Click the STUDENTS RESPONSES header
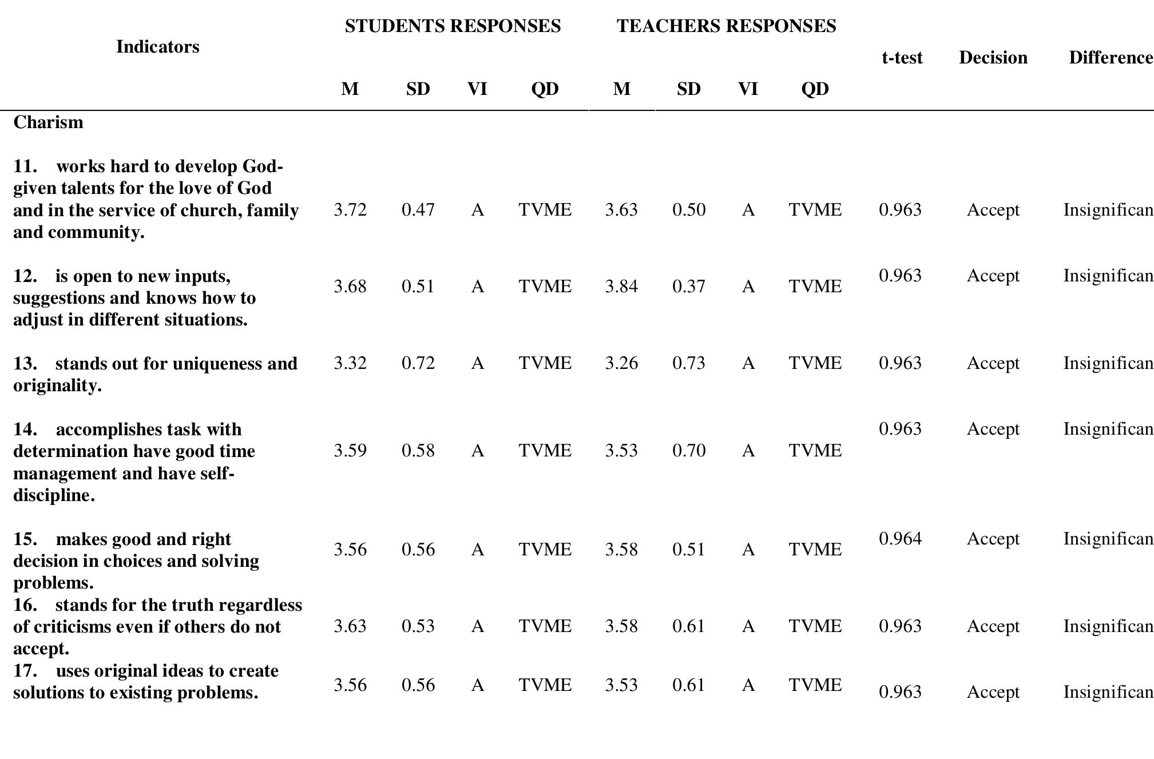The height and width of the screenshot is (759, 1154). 453,26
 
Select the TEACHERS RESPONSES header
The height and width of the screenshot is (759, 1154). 726,26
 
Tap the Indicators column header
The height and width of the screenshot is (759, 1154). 157,47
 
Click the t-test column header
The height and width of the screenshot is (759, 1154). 902,58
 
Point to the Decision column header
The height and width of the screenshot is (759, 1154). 993,58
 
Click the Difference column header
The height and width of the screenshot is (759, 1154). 1111,58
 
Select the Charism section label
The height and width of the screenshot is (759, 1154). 48,122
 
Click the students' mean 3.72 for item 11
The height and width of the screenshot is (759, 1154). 350,210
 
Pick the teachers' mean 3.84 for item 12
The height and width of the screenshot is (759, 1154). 621,286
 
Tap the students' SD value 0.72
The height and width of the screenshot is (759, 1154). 418,363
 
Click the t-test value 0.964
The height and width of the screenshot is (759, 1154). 900,539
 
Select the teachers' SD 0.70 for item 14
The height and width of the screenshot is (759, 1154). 688,451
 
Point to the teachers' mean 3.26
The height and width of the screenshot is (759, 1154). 621,363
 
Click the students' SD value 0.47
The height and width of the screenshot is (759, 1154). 418,210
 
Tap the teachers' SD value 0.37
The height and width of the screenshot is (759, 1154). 688,286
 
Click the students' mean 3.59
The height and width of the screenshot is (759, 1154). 350,451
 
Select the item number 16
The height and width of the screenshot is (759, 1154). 25,605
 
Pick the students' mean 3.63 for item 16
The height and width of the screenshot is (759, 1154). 350,626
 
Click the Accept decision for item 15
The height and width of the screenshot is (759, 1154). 993,539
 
